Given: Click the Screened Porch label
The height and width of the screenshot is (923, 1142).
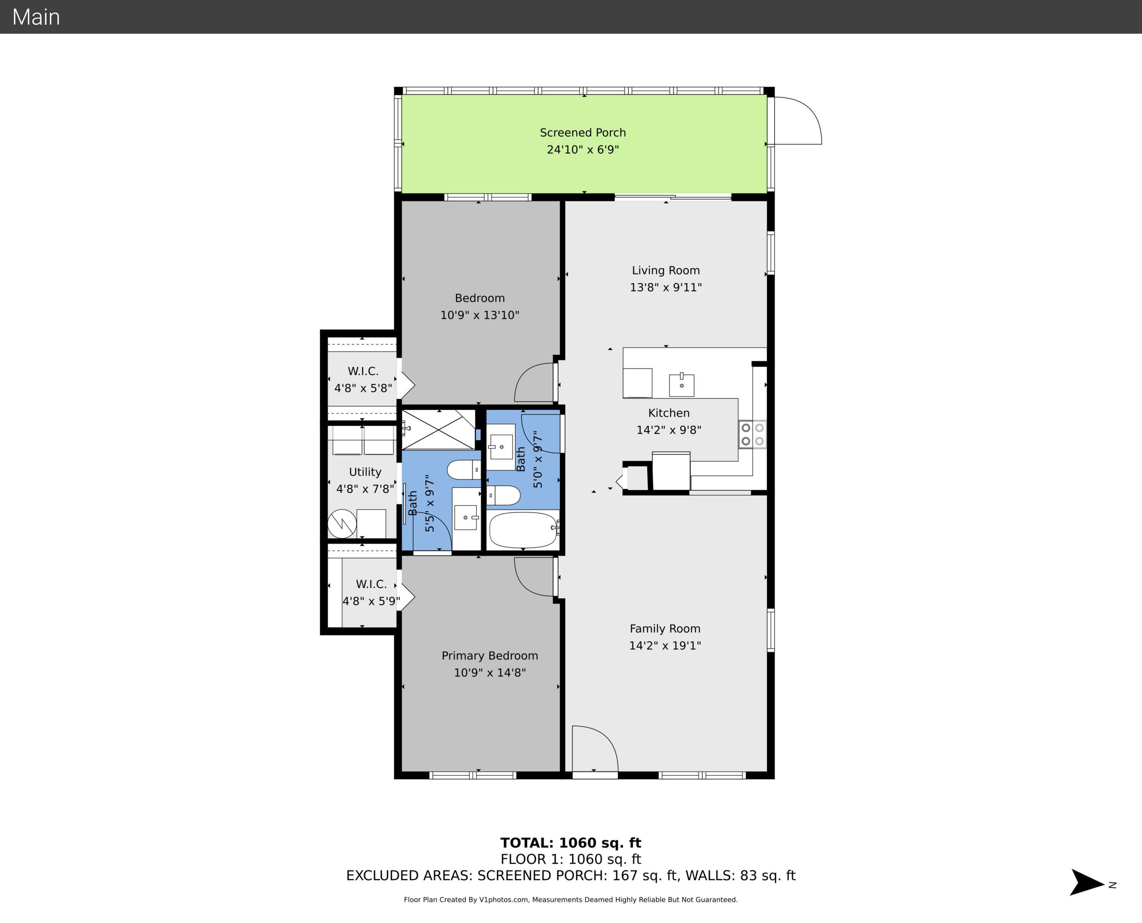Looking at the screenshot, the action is [x=583, y=132].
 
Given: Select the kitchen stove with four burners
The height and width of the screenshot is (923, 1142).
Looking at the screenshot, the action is [x=752, y=434].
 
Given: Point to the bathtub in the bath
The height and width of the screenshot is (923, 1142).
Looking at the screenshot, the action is [x=523, y=530].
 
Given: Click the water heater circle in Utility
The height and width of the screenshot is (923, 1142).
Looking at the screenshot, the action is [x=342, y=524].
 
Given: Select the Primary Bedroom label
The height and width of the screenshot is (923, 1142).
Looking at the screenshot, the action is [x=490, y=655].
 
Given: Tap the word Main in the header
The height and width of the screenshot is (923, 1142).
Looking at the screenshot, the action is [x=36, y=17].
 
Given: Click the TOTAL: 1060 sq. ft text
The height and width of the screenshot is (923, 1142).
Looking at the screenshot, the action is [x=571, y=843].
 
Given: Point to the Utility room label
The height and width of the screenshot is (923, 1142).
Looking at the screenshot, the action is [x=365, y=472].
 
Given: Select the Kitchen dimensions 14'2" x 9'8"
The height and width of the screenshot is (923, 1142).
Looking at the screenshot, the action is [x=669, y=430].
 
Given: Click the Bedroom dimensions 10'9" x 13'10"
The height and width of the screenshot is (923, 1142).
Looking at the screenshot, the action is [x=480, y=315].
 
